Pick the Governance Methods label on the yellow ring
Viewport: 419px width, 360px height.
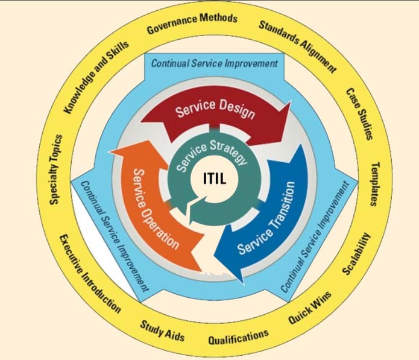point(192,22)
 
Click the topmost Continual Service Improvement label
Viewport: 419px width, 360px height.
point(214,63)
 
